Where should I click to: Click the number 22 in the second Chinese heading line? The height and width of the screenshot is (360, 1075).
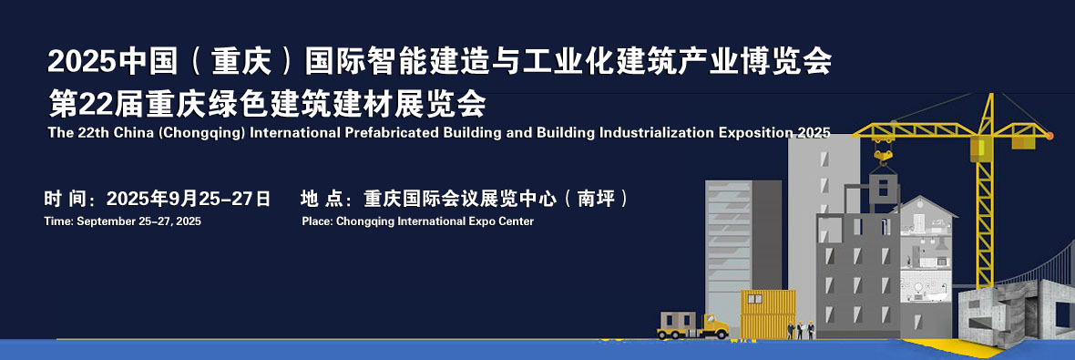[87, 106]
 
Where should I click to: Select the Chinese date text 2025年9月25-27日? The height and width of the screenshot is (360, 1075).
[189, 200]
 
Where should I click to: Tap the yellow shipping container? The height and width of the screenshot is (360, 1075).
[768, 314]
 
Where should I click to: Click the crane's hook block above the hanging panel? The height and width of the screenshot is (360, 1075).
[882, 159]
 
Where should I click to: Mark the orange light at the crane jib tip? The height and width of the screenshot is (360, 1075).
[1049, 136]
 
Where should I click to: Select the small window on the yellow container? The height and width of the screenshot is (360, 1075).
[754, 298]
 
